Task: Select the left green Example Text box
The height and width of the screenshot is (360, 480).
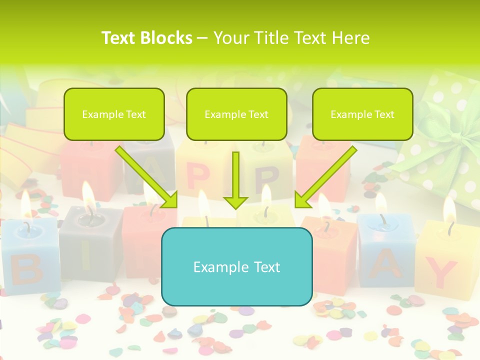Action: [x=114, y=114]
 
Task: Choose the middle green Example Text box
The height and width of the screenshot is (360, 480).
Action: [x=236, y=114]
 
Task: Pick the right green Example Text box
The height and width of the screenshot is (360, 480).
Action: [x=362, y=114]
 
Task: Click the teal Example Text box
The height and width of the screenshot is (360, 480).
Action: [x=236, y=266]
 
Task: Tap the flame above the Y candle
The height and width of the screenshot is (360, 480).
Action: [x=449, y=209]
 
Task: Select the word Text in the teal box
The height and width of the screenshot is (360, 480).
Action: [x=262, y=266]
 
